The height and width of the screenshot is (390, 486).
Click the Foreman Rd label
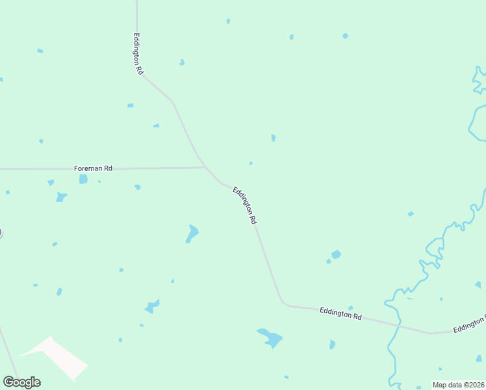[x=93, y=168]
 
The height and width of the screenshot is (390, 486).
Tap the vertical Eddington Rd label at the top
[x=137, y=54]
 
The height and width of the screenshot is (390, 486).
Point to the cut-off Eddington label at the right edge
[x=470, y=324]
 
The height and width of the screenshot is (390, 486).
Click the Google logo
[x=21, y=382]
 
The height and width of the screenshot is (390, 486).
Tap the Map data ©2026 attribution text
[x=459, y=385]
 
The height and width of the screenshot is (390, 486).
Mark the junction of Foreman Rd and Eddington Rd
[x=206, y=168]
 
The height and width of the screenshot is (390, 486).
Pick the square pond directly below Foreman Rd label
[x=83, y=179]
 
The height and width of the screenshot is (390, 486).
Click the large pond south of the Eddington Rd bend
[x=271, y=338]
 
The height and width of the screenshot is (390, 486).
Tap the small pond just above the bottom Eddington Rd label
[x=350, y=307]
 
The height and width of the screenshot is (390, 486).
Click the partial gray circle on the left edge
[x=1, y=232]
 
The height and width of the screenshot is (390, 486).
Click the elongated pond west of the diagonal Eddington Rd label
[x=192, y=233]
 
